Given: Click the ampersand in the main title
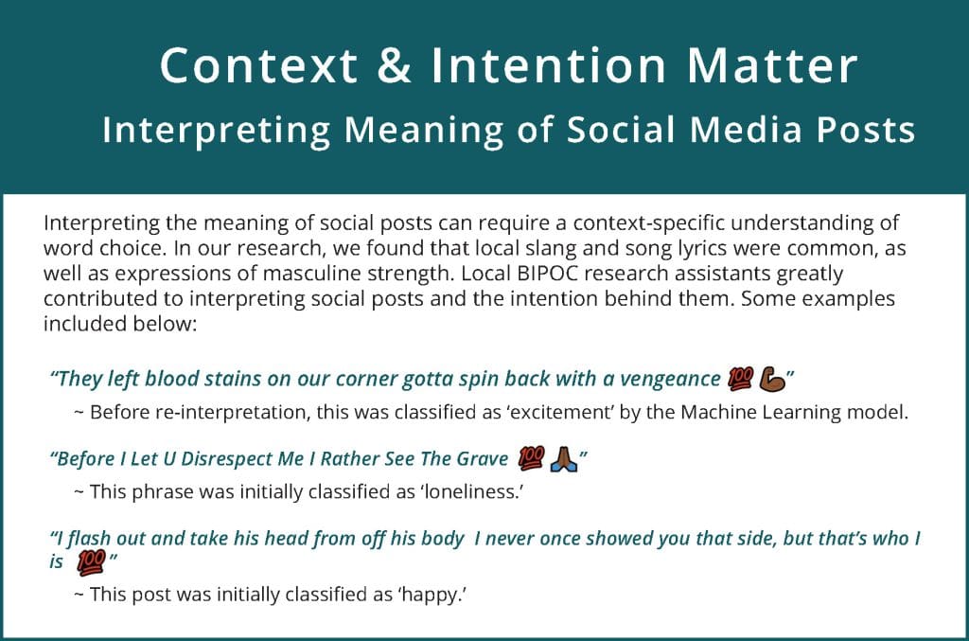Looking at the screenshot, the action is (x=394, y=65).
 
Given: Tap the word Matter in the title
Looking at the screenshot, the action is (x=772, y=65).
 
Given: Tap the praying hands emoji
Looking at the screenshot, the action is (x=564, y=459).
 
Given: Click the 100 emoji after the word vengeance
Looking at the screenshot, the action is (x=740, y=379).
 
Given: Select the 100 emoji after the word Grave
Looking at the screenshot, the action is (x=532, y=458).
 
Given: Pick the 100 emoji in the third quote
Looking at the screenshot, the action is (x=91, y=562).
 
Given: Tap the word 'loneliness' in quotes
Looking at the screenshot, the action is (x=472, y=492).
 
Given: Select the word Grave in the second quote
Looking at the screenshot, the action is (x=483, y=458).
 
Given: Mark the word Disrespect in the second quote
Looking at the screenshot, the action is (x=226, y=458).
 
